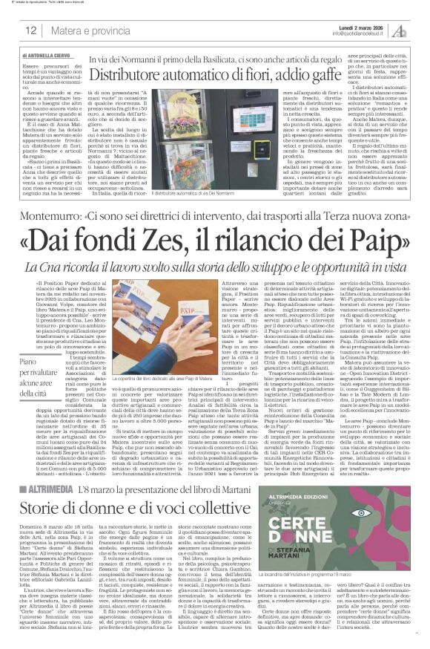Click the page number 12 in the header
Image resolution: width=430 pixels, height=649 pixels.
31,30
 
